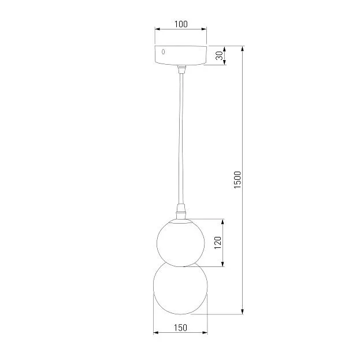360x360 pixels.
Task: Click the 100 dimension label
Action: coord(181,24)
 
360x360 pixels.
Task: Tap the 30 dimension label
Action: coord(219,55)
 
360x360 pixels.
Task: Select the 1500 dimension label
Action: coord(237,180)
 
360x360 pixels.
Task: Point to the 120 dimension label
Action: coord(217,243)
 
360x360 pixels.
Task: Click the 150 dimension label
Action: coord(180,328)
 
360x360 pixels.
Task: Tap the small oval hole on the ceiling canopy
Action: coord(163,52)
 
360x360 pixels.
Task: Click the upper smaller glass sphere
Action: coord(180,243)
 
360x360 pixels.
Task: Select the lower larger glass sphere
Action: coord(180,288)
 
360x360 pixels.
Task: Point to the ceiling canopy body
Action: coord(181,55)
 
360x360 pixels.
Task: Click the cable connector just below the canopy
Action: coord(181,69)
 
